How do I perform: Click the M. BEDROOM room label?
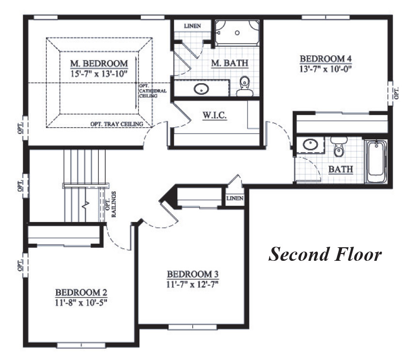click(x=99, y=63)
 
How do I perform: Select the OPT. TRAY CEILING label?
click(x=116, y=124)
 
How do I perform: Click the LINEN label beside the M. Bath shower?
click(x=192, y=26)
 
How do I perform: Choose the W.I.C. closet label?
click(x=214, y=116)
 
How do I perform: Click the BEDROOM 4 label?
click(x=325, y=59)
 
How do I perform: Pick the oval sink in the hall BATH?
click(x=309, y=144)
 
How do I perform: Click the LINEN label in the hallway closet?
click(x=234, y=198)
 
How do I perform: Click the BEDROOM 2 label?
click(x=81, y=293)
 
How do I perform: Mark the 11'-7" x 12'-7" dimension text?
click(x=192, y=284)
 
